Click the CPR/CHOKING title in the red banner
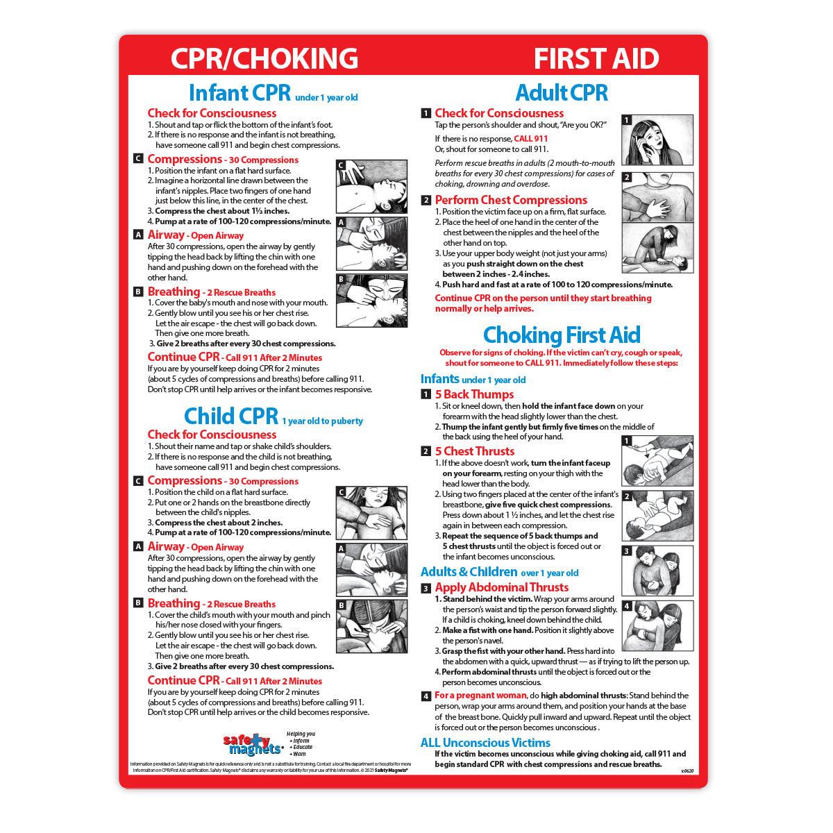264,58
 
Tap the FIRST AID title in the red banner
596,58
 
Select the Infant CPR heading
239,93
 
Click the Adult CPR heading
562,92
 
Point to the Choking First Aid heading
562,335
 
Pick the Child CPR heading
231,416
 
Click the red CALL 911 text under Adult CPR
530,139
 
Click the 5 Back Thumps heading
474,394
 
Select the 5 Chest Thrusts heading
474,451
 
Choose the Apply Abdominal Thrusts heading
501,587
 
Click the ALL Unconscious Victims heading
485,743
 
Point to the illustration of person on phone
657,141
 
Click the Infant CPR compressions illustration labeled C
371,186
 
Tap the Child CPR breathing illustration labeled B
371,626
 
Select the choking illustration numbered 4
657,625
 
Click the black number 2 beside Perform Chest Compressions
426,201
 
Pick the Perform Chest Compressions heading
511,200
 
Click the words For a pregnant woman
480,696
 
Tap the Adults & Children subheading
469,572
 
